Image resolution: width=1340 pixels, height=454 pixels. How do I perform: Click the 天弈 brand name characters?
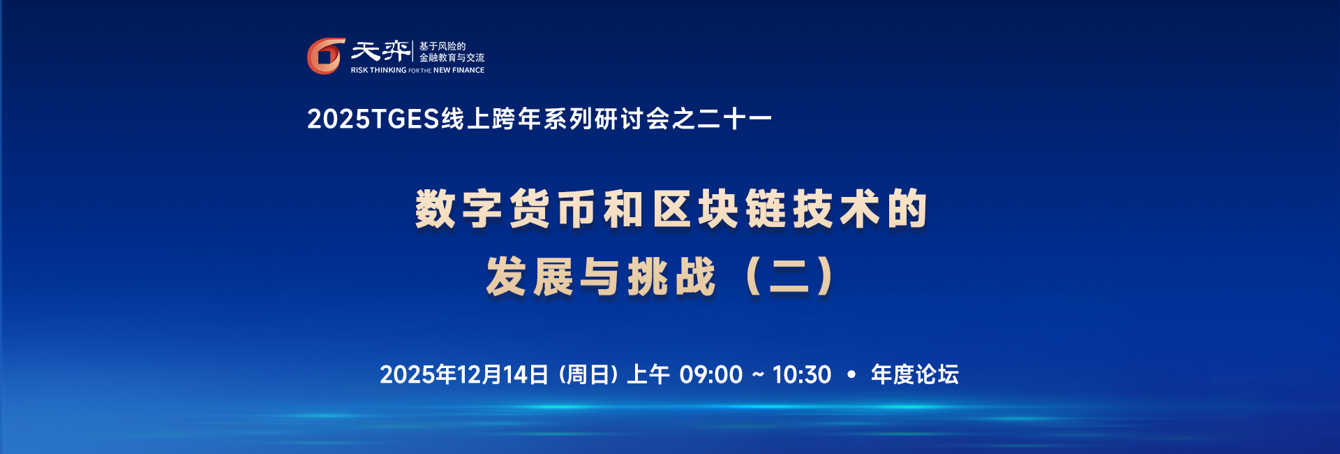[x=380, y=51]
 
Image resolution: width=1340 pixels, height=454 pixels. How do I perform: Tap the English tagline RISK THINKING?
[x=378, y=71]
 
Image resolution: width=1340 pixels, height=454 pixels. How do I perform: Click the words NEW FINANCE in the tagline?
[x=459, y=71]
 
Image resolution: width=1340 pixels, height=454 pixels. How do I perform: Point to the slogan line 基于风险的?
[x=442, y=46]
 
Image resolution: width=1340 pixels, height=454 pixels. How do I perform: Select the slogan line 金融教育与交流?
[x=452, y=58]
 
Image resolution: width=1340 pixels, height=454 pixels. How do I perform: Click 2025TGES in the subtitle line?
[x=373, y=119]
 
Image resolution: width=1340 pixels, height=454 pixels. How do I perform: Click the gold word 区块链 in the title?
[x=719, y=209]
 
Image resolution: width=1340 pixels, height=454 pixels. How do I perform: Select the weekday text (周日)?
[x=588, y=375]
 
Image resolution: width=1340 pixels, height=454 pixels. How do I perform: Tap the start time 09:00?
[x=710, y=375]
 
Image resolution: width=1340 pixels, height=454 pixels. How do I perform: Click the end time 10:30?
[x=802, y=375]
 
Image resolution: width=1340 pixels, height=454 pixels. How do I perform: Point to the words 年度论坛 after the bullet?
[x=914, y=375]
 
